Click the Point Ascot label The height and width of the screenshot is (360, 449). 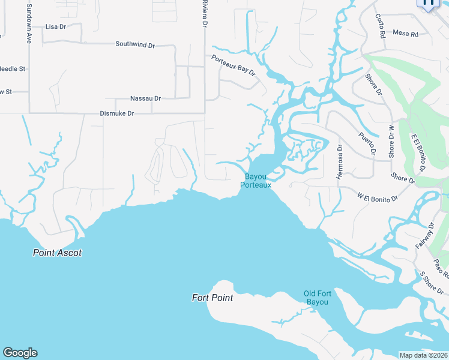click(57, 253)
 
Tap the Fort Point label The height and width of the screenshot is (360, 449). click(212, 297)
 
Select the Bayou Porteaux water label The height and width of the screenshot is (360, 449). click(256, 181)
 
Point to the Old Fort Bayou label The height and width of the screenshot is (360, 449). click(316, 298)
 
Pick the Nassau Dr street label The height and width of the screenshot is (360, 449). click(145, 98)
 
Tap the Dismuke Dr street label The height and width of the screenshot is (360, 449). click(117, 113)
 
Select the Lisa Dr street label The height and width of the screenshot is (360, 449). click(55, 27)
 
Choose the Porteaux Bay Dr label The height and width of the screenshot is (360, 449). click(234, 64)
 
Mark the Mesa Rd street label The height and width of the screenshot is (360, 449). click(405, 34)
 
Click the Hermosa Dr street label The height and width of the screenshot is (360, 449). click(339, 162)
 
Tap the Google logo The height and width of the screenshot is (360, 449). click(20, 353)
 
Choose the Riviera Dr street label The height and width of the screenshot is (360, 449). click(204, 13)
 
